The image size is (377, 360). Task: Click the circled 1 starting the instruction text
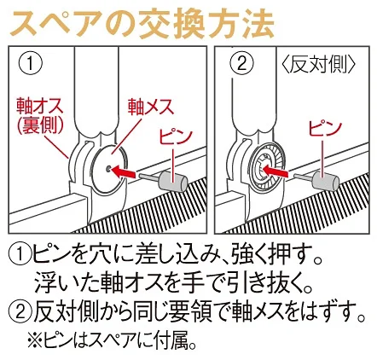(x=19, y=254)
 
